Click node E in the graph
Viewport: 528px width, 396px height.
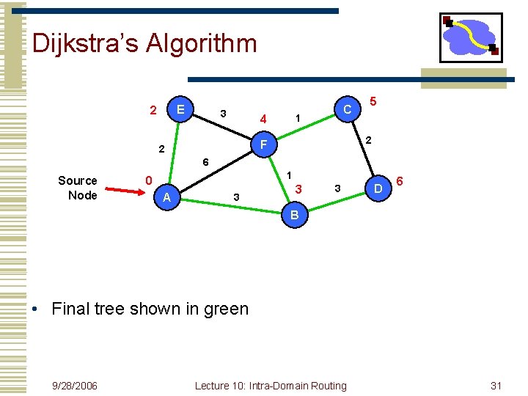(x=180, y=110)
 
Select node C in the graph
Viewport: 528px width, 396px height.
(x=347, y=109)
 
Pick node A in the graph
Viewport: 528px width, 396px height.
(x=166, y=197)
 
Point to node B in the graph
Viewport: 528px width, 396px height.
(x=294, y=215)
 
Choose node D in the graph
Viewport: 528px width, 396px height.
(x=378, y=190)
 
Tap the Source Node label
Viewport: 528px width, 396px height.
(x=78, y=188)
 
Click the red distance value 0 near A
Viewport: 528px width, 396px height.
(x=148, y=180)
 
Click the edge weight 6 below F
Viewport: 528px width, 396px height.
(x=205, y=161)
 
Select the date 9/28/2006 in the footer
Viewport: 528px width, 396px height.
(x=76, y=386)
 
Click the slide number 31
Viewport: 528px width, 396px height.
(x=496, y=386)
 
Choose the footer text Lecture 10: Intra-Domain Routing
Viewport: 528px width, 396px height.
(x=271, y=386)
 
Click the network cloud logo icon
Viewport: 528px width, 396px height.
(x=470, y=37)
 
